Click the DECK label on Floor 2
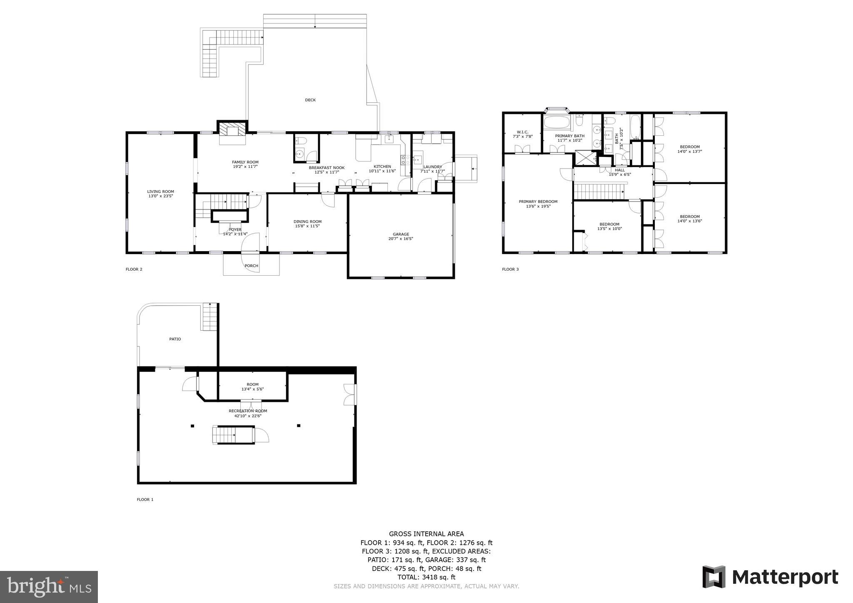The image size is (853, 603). click(310, 100)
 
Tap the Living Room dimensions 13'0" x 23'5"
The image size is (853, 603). click(160, 196)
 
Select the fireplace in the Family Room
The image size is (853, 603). click(232, 130)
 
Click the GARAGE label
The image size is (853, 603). click(401, 234)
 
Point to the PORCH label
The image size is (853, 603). click(251, 266)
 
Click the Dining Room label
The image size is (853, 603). click(307, 222)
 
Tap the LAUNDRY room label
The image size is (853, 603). click(432, 167)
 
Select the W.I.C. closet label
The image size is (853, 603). click(522, 132)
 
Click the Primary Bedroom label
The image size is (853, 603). click(538, 202)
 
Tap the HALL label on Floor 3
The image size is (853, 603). click(620, 170)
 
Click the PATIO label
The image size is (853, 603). click(175, 339)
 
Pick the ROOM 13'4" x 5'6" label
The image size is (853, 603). click(252, 384)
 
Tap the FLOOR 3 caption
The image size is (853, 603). click(510, 269)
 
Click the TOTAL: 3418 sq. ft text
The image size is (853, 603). click(426, 577)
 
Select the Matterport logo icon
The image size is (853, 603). click(714, 577)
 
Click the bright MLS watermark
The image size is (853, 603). click(49, 587)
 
